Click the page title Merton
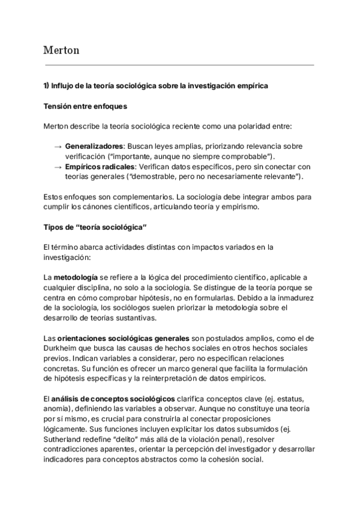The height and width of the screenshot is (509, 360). (62, 50)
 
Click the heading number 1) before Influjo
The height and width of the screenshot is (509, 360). (46, 86)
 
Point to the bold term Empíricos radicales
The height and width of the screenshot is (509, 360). (99, 166)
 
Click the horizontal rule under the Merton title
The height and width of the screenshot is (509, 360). (179, 65)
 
